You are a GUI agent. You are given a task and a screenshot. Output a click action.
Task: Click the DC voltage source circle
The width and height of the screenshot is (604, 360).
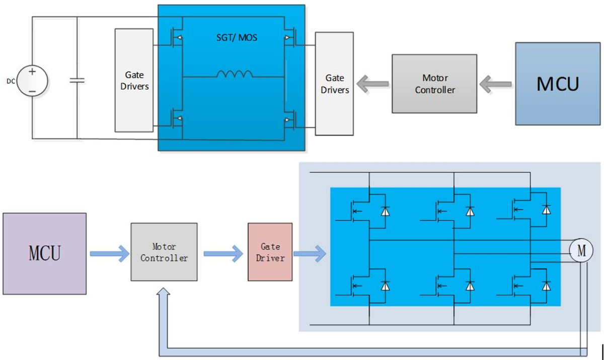pyautogui.click(x=32, y=81)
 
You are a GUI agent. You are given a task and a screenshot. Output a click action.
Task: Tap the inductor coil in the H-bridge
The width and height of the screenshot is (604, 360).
pyautogui.click(x=235, y=75)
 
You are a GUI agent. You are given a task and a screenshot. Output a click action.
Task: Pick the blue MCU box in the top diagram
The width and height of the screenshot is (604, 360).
pyautogui.click(x=558, y=84)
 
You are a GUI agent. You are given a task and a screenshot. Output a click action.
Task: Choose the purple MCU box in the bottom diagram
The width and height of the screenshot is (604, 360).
pyautogui.click(x=44, y=253)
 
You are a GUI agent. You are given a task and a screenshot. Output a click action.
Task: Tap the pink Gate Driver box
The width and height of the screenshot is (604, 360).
pyautogui.click(x=270, y=252)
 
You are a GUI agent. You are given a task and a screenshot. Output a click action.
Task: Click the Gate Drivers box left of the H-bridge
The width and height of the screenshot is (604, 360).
pyautogui.click(x=134, y=81)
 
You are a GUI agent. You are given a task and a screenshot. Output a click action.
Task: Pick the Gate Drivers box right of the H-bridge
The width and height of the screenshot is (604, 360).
pyautogui.click(x=335, y=84)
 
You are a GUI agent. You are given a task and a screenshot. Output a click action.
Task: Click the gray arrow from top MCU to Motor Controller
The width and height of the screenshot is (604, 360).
pyautogui.click(x=496, y=84)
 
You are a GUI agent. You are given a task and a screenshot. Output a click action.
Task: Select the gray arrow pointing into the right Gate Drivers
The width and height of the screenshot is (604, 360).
pyautogui.click(x=372, y=84)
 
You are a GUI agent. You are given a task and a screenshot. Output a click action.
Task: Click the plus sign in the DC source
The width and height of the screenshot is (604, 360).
pyautogui.click(x=32, y=71)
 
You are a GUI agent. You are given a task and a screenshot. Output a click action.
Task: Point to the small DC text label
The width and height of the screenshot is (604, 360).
pyautogui.click(x=11, y=81)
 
